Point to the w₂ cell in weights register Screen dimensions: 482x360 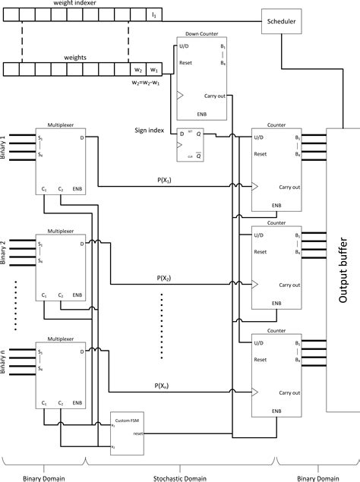click(x=137, y=70)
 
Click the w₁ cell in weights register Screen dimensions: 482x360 click(x=153, y=70)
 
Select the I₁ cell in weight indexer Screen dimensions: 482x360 click(x=153, y=14)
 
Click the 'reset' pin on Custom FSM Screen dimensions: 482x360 click(x=137, y=433)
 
